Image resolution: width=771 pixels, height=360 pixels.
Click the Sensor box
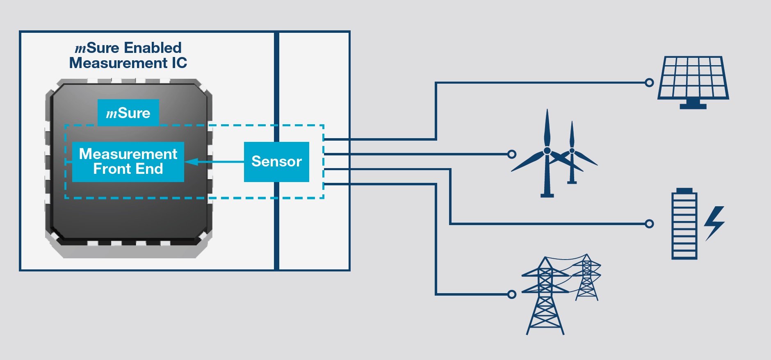click(276, 162)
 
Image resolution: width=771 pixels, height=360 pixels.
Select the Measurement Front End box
click(128, 162)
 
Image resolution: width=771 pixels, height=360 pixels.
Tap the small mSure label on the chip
click(128, 113)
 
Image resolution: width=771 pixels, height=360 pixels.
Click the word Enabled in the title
click(153, 48)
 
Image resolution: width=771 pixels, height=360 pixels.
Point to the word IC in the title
click(179, 63)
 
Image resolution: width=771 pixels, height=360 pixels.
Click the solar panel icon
click(693, 78)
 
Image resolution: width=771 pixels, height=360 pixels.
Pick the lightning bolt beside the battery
click(714, 223)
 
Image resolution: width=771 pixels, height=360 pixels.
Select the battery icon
click(684, 226)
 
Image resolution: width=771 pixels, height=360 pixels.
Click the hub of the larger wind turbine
click(547, 151)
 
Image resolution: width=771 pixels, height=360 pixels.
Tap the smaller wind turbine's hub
click(572, 151)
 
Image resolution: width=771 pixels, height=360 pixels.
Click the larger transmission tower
click(545, 295)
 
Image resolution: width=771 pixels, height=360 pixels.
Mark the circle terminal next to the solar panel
click(649, 83)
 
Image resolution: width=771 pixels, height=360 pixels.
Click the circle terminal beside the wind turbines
click(512, 154)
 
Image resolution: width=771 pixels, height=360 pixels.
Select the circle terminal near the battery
click(649, 224)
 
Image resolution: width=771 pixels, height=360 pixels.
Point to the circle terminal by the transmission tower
click(512, 294)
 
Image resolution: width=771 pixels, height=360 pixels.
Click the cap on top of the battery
click(684, 191)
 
